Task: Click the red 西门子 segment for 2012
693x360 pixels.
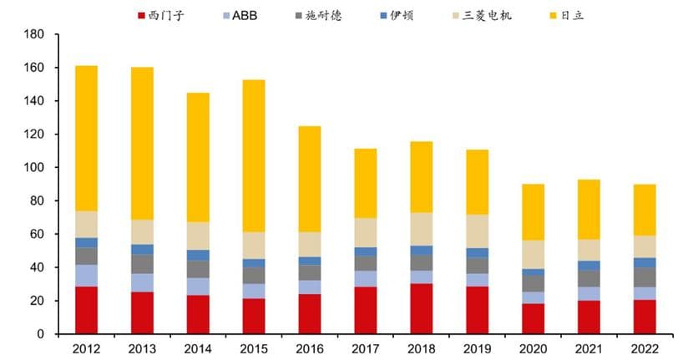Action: click(x=86, y=310)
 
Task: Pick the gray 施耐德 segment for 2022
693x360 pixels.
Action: click(x=645, y=276)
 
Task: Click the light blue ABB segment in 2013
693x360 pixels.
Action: click(x=142, y=282)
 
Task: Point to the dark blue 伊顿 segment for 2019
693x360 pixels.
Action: click(x=478, y=252)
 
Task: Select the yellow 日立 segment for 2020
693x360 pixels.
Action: click(x=534, y=212)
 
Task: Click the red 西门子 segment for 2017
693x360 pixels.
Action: click(x=366, y=310)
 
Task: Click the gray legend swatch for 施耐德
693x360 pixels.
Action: click(x=298, y=15)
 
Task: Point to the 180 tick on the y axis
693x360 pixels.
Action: click(x=34, y=34)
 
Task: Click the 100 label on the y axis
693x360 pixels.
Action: click(x=34, y=168)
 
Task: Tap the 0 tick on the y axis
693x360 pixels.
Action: click(x=39, y=334)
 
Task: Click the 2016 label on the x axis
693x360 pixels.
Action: click(x=310, y=349)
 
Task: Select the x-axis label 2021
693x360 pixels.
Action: click(x=589, y=349)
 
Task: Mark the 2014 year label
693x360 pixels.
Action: click(x=198, y=349)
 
